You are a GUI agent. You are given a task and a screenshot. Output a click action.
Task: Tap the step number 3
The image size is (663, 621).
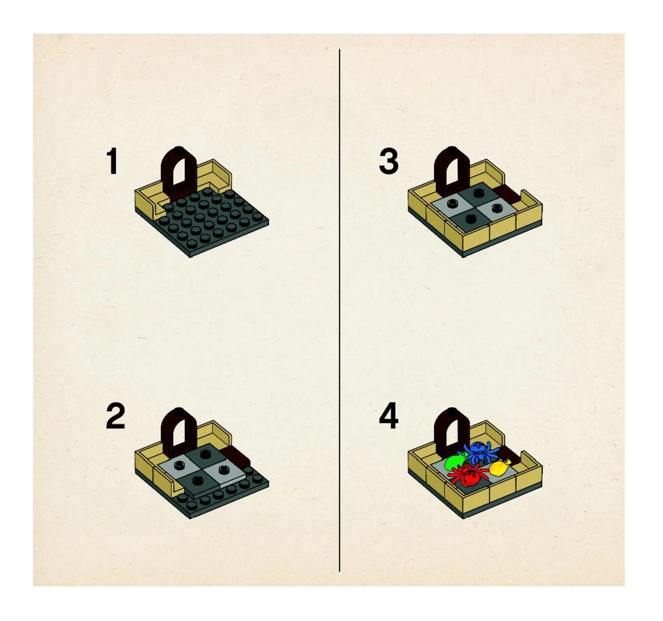(x=389, y=162)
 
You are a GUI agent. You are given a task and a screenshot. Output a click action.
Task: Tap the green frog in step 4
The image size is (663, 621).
(x=455, y=462)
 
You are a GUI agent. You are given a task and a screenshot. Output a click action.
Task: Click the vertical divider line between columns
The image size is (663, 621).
(x=340, y=310)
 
